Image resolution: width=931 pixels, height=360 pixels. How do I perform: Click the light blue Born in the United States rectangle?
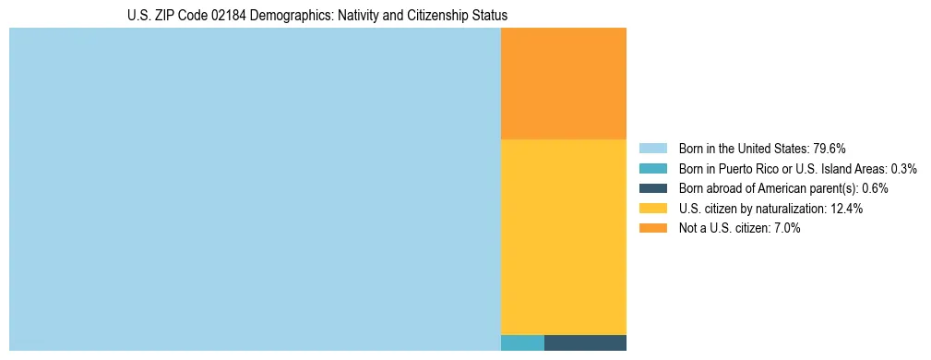pyautogui.click(x=255, y=189)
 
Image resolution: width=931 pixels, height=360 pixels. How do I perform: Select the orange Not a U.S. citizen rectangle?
pyautogui.click(x=563, y=83)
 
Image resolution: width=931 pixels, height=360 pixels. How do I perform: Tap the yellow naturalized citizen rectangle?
pyautogui.click(x=563, y=236)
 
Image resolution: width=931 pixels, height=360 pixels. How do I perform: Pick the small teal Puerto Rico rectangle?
pyautogui.click(x=522, y=342)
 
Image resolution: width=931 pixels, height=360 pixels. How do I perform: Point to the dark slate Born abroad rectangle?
pyautogui.click(x=585, y=342)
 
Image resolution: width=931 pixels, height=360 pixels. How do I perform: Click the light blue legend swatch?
pyautogui.click(x=652, y=149)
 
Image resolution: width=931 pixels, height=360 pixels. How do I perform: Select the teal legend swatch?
pyautogui.click(x=652, y=169)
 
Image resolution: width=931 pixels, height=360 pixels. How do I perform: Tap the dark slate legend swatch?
pyautogui.click(x=652, y=188)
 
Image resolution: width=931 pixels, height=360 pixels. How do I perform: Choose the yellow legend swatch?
pyautogui.click(x=652, y=209)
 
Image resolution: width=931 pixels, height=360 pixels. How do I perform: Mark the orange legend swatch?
pyautogui.click(x=652, y=228)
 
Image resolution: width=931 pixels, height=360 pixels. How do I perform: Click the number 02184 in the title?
pyautogui.click(x=207, y=16)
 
